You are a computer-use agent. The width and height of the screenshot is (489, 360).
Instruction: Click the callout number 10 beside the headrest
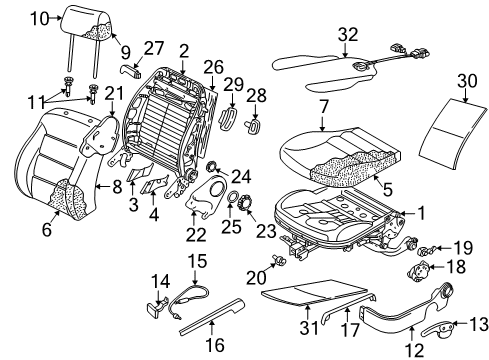pyautogui.click(x=40, y=19)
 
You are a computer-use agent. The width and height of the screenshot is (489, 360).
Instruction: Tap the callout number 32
pyautogui.click(x=348, y=34)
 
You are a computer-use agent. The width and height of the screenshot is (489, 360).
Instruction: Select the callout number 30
pyautogui.click(x=467, y=81)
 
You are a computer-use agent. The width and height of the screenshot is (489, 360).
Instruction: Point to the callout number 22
pyautogui.click(x=196, y=234)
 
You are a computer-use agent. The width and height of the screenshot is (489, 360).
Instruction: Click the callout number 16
pyautogui.click(x=215, y=345)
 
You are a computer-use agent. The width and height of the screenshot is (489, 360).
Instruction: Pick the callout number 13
pyautogui.click(x=479, y=324)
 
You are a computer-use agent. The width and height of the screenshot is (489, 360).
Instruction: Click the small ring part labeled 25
pyautogui.click(x=232, y=196)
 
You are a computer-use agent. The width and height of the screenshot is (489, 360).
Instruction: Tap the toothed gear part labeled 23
pyautogui.click(x=246, y=202)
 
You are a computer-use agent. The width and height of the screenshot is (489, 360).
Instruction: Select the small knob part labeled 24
pyautogui.click(x=211, y=166)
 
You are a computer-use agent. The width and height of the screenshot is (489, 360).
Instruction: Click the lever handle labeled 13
pyautogui.click(x=437, y=329)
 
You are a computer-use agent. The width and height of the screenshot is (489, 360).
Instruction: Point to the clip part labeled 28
pyautogui.click(x=253, y=126)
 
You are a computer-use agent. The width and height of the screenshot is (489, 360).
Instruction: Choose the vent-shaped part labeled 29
pyautogui.click(x=228, y=118)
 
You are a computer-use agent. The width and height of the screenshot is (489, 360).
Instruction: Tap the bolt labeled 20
pyautogui.click(x=279, y=260)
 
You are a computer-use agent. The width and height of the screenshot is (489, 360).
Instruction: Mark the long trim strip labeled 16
pyautogui.click(x=212, y=317)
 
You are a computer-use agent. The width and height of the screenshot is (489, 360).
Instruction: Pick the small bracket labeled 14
pyautogui.click(x=157, y=305)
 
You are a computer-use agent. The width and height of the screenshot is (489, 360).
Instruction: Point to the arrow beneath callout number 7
pyautogui.click(x=323, y=122)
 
